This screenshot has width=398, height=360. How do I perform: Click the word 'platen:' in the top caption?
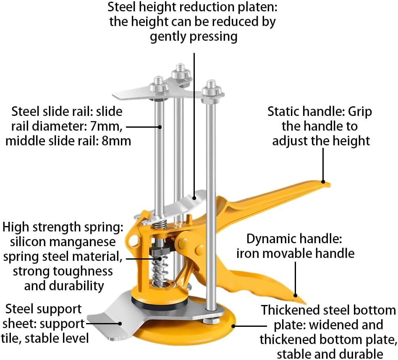tap(257, 7)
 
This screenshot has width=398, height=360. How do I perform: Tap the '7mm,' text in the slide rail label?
tap(106, 126)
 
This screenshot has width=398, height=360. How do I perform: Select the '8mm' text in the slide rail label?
tap(116, 141)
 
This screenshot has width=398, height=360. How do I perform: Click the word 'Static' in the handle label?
tap(283, 111)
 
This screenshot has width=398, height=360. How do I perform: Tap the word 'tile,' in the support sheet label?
tap(11, 338)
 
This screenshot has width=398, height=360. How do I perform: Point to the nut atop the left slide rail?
tap(159, 87)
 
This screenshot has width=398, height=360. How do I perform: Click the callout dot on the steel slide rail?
tap(160, 126)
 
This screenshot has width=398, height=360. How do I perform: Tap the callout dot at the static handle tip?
tap(323, 181)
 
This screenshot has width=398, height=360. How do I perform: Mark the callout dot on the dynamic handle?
tap(296, 296)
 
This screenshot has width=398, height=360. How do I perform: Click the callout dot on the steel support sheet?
tap(120, 324)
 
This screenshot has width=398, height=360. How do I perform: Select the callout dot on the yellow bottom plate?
tap(233, 326)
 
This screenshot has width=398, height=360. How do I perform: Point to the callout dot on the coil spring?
tap(160, 259)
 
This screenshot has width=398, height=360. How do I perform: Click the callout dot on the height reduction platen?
tap(194, 198)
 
